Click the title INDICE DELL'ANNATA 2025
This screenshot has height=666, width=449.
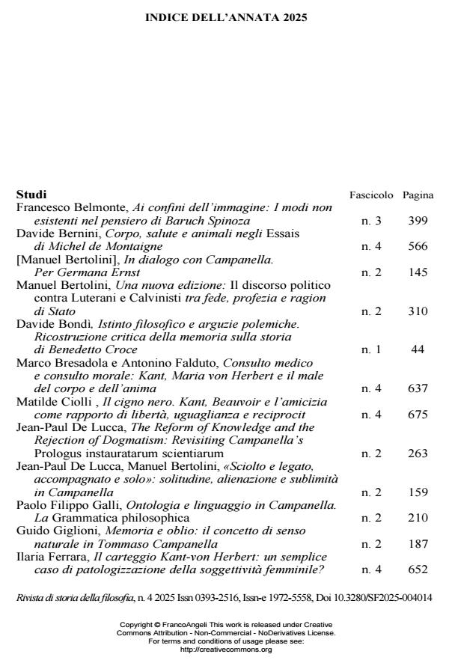tap(225, 17)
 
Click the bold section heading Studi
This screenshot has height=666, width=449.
tap(31, 195)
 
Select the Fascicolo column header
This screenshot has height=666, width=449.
tap(371, 195)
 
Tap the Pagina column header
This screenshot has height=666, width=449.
tap(418, 195)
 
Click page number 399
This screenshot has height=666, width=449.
tap(418, 222)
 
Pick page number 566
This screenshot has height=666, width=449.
tap(418, 246)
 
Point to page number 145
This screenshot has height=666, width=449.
tap(418, 272)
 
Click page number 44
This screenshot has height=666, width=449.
tap(418, 349)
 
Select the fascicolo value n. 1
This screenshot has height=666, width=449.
tap(371, 349)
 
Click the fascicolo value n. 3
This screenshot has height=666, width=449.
tap(371, 222)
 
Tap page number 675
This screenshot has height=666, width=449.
tap(418, 415)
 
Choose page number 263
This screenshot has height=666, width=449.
tap(418, 453)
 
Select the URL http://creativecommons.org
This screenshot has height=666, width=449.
tap(225, 649)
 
